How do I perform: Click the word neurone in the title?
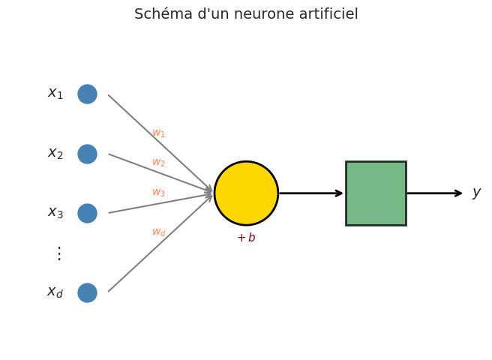[254, 14]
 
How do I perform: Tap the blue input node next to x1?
[87, 94]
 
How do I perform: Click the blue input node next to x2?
[87, 154]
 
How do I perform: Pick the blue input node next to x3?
[87, 213]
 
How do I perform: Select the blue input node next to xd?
[87, 292]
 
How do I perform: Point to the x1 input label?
[55, 94]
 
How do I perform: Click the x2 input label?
[55, 154]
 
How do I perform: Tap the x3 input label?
[55, 213]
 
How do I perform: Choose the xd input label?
[55, 292]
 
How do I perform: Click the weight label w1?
[158, 133]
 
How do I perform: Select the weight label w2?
[158, 163]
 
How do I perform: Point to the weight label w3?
[158, 193]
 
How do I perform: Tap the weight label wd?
[158, 232]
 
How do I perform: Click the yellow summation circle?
[246, 193]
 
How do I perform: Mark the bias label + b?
[246, 238]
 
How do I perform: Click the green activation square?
[376, 193]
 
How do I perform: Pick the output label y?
[476, 193]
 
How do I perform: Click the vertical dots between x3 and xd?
[59, 253]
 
